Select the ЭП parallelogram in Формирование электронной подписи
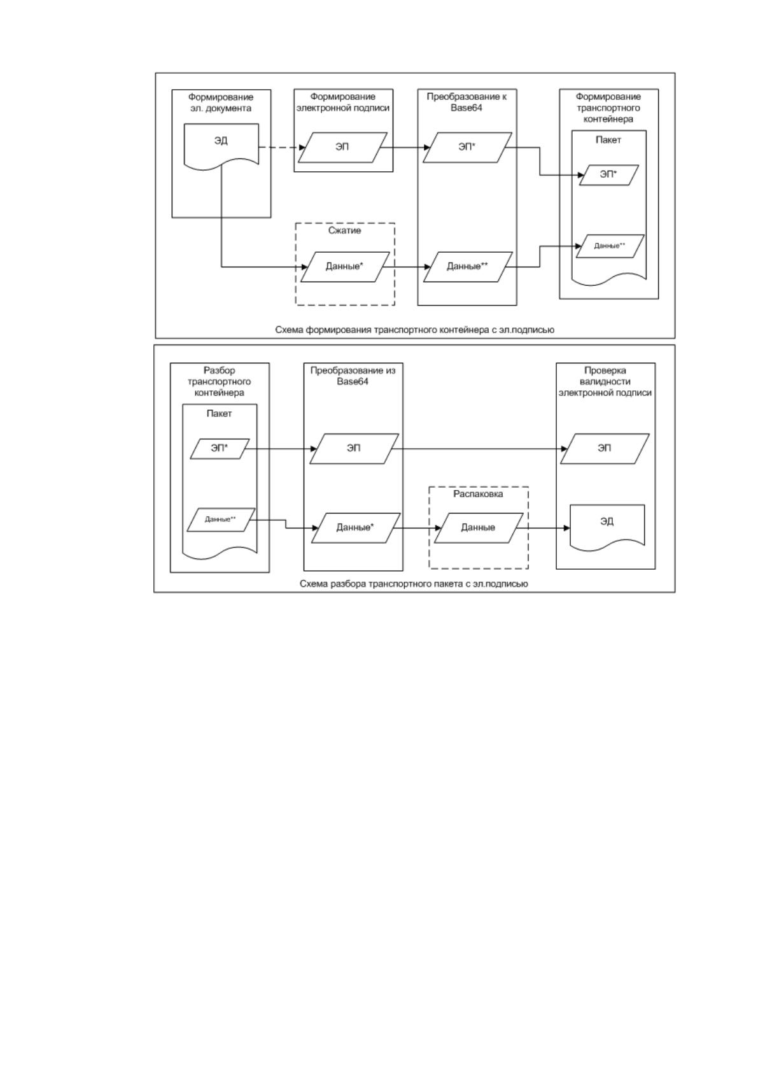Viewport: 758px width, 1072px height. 342,148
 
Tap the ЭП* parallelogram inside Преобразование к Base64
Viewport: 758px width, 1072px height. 467,148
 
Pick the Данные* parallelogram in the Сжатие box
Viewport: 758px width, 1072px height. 344,267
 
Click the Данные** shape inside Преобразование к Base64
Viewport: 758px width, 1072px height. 468,267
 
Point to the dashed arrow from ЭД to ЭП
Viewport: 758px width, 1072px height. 282,148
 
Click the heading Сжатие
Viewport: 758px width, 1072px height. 344,230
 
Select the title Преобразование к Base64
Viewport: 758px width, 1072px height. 467,102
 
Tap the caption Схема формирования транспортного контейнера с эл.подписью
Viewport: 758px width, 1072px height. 414,330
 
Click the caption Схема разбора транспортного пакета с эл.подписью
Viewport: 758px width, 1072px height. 414,584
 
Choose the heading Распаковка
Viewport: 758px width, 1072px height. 478,494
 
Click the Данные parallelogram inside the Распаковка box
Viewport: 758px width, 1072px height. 479,528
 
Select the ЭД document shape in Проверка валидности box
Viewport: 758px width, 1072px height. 607,526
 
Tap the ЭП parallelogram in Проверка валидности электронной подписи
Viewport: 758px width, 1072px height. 605,449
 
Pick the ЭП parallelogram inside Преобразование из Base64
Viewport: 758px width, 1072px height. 354,449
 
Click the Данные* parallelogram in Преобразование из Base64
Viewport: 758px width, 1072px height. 356,528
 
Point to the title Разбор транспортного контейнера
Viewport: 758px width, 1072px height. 220,381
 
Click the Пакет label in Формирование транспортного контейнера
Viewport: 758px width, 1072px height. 608,140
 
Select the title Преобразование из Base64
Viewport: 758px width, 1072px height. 353,376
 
